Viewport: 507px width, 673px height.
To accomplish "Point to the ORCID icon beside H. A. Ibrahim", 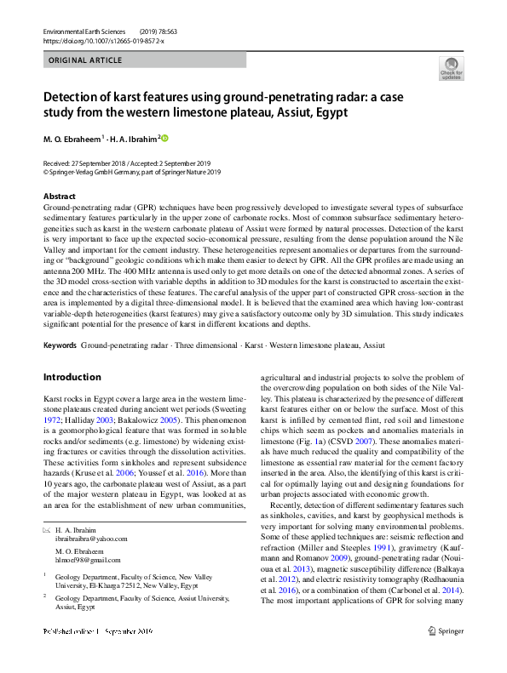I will pos(165,138).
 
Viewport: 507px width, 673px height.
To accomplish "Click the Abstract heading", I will pos(60,197).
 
